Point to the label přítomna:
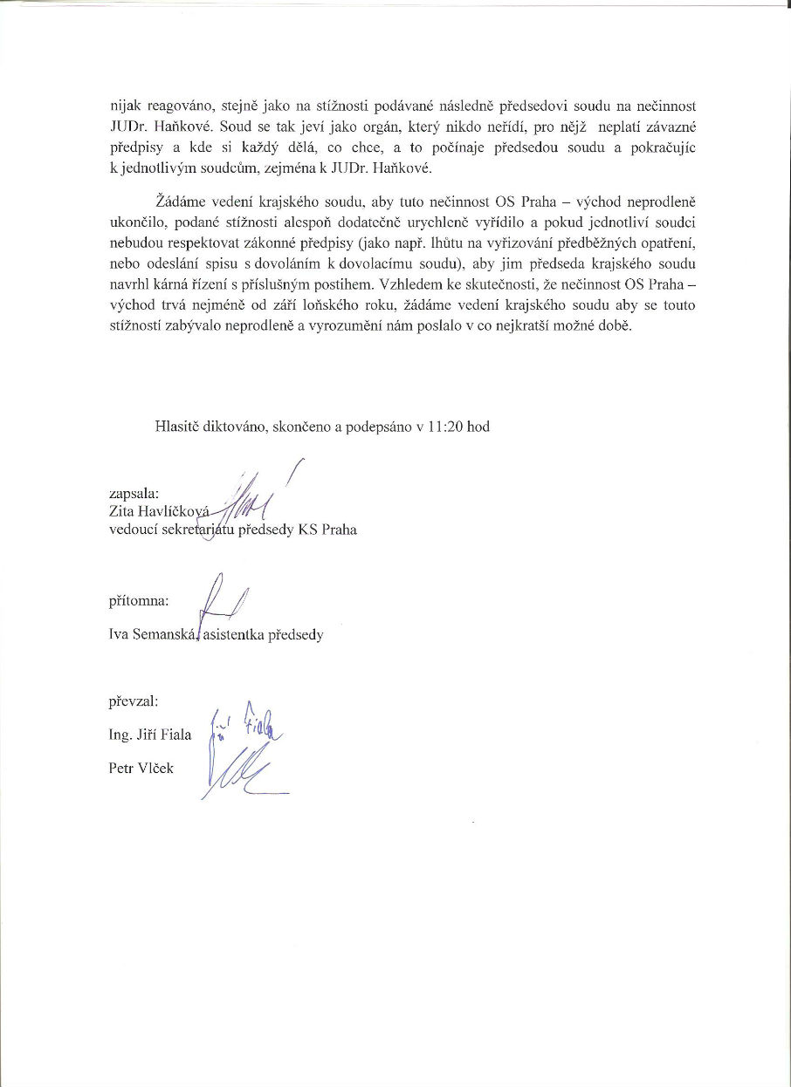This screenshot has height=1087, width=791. (x=138, y=601)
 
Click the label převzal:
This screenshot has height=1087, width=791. (x=134, y=700)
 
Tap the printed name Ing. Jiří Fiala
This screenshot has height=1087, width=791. (x=149, y=734)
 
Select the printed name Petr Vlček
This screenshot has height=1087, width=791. (x=141, y=768)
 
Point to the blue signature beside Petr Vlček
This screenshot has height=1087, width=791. (x=240, y=773)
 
